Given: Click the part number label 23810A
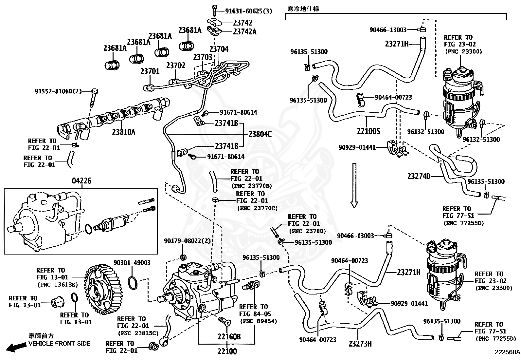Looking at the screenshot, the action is pyautogui.click(x=123, y=132).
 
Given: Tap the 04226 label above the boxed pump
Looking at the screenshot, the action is pyautogui.click(x=81, y=181).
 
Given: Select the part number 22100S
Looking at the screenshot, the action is pyautogui.click(x=368, y=131).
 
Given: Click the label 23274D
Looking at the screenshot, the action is pyautogui.click(x=419, y=176).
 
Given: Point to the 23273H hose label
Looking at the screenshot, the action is pyautogui.click(x=360, y=344).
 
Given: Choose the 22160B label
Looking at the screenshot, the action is pyautogui.click(x=229, y=337).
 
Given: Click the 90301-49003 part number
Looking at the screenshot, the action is pyautogui.click(x=132, y=263).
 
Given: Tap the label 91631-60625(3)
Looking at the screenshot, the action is pyautogui.click(x=249, y=11).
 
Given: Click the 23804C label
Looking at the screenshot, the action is pyautogui.click(x=260, y=134).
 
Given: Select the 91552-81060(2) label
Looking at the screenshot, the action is pyautogui.click(x=58, y=91).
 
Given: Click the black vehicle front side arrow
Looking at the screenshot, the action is pyautogui.click(x=16, y=347).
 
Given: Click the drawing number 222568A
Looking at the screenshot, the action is pyautogui.click(x=507, y=352).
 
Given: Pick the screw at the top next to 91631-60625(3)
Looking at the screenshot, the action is pyautogui.click(x=214, y=10).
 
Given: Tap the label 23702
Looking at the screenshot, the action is pyautogui.click(x=176, y=66).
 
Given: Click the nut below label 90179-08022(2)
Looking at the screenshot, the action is pyautogui.click(x=183, y=257).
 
